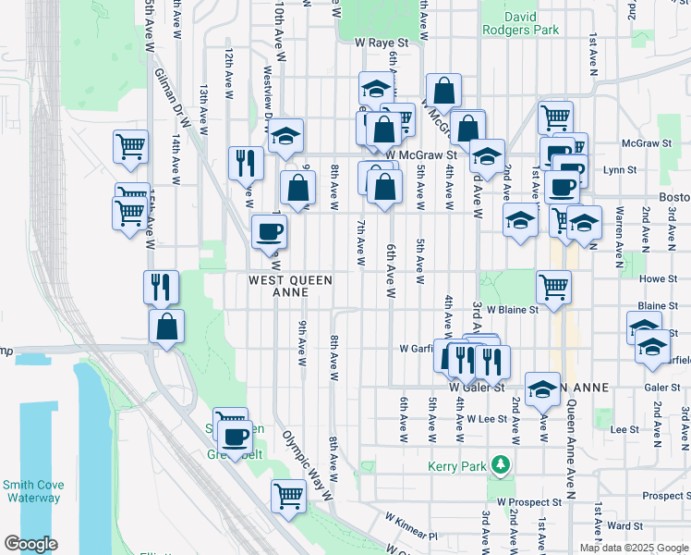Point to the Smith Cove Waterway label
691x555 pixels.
(x=30, y=490)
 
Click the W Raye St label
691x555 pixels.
(x=382, y=43)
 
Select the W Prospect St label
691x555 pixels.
(x=529, y=502)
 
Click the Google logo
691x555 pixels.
(x=30, y=544)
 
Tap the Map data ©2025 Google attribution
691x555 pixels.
(x=634, y=549)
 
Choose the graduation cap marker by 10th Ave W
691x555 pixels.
(x=286, y=135)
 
